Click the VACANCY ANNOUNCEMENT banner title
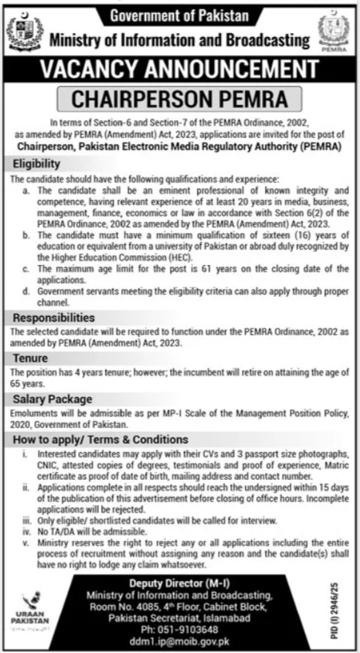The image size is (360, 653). pyautogui.click(x=179, y=70)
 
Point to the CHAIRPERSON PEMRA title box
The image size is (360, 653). pyautogui.click(x=179, y=99)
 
